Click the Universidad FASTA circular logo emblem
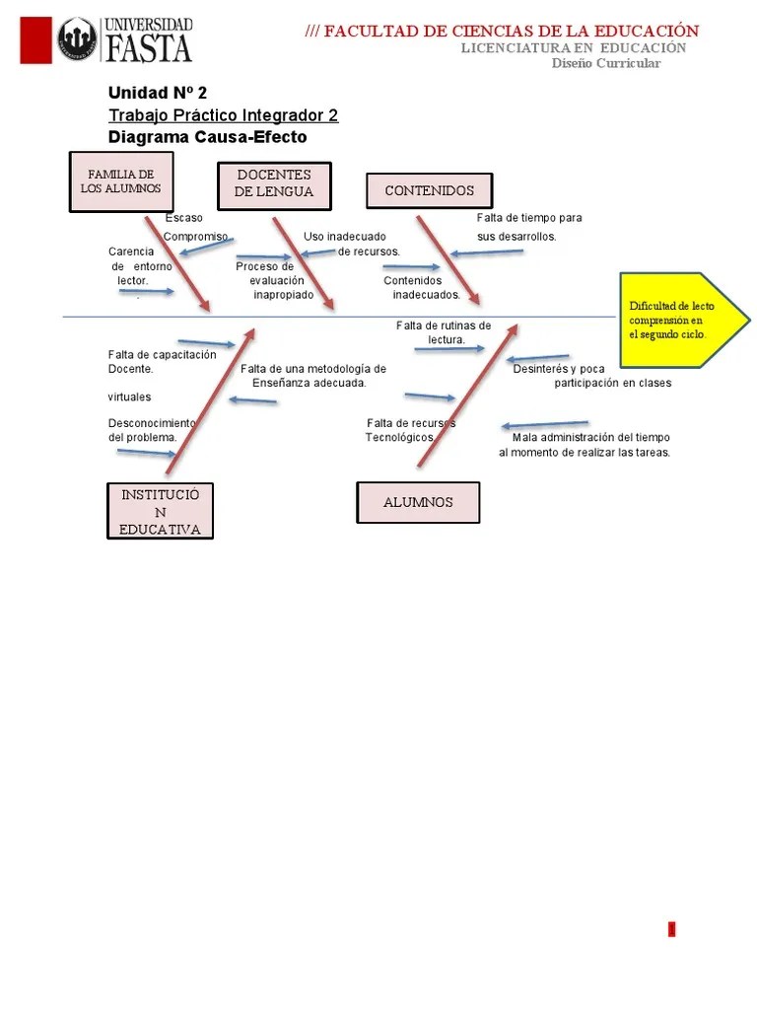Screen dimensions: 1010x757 point(77,40)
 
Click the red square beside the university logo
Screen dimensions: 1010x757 point(35,40)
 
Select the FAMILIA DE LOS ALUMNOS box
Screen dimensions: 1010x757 point(120,181)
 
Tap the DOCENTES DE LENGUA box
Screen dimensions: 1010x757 point(274,184)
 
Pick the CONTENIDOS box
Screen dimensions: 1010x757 point(429,190)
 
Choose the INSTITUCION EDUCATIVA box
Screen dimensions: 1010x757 point(160,512)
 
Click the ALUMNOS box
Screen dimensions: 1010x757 point(418,502)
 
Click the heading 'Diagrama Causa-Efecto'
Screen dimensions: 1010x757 point(207,137)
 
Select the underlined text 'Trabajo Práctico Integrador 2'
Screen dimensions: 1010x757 point(223,115)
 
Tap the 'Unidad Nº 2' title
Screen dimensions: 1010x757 point(158,93)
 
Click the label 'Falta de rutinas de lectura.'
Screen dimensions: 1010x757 point(445,332)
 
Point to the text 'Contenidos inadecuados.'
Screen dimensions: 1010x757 point(421,287)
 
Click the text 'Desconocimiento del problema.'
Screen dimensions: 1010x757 point(152,429)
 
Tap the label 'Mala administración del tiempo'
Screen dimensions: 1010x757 point(590,437)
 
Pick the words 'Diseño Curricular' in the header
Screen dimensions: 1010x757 point(605,63)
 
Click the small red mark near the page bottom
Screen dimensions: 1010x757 point(672,928)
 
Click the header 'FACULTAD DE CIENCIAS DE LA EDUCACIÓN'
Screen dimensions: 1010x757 point(511,32)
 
